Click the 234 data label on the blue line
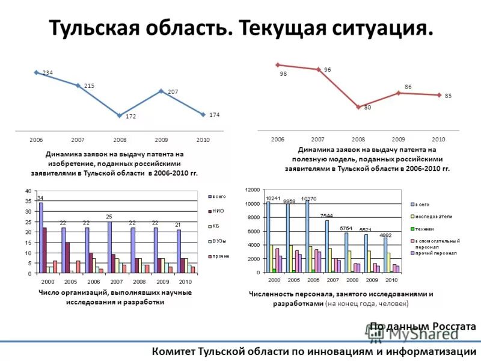click(x=47, y=73)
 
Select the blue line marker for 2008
click(x=120, y=115)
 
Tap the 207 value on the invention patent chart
click(x=173, y=91)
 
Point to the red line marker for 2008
click(x=358, y=106)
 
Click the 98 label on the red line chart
click(x=283, y=75)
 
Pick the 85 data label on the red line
click(x=448, y=96)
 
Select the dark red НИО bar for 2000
click(x=44, y=250)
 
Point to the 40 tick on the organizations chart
click(x=28, y=191)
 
